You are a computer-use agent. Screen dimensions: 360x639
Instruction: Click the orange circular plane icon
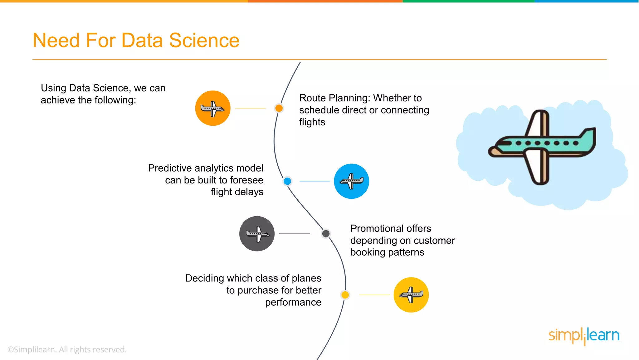click(213, 108)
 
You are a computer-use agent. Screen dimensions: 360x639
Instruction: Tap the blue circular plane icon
click(351, 181)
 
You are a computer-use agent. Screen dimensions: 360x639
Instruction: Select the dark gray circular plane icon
click(257, 234)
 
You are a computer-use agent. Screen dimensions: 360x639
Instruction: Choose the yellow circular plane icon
click(411, 295)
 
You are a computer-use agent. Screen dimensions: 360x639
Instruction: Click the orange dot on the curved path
click(279, 108)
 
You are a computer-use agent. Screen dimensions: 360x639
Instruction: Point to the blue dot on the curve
click(287, 181)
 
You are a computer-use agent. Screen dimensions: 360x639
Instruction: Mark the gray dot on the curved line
click(326, 233)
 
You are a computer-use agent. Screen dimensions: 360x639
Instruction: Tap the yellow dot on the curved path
click(345, 295)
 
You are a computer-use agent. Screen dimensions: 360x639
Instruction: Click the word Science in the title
click(204, 41)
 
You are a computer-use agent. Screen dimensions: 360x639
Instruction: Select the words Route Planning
click(334, 98)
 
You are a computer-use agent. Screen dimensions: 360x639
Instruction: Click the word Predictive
click(169, 168)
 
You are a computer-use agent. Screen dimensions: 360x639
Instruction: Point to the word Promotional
click(391, 228)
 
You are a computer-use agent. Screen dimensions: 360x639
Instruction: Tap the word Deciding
click(205, 278)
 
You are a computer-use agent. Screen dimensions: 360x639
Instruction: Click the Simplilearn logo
click(584, 336)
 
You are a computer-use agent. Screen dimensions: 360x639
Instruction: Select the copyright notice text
click(67, 349)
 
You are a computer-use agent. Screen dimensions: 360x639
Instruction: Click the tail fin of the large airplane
click(588, 137)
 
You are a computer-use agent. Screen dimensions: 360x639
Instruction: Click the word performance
click(293, 302)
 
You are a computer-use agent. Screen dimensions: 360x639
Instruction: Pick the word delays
click(250, 192)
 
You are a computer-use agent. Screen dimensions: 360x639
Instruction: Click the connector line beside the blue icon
click(315, 181)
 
